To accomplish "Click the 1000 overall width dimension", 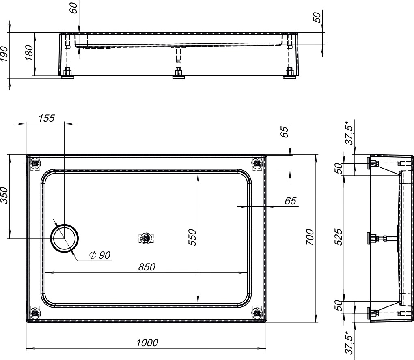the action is (147, 343).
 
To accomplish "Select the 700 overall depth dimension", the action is (310, 237).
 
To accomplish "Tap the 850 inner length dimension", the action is (147, 267).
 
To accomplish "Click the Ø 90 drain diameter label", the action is (100, 255).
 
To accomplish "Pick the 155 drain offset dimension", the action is (46, 118).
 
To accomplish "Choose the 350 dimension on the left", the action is (4, 195).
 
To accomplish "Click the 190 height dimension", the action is (4, 54).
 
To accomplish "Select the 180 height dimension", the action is (29, 53).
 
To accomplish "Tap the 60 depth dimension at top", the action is (73, 8).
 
